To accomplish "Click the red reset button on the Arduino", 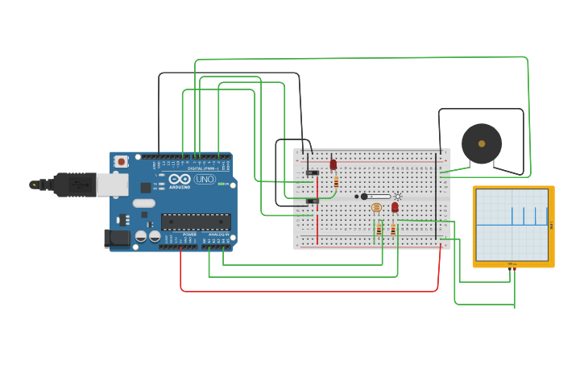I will click(x=121, y=161).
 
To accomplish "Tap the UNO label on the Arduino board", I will click(x=205, y=179).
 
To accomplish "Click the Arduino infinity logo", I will click(x=180, y=179).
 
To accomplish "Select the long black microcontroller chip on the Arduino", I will click(x=196, y=222).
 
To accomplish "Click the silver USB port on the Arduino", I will click(x=112, y=185).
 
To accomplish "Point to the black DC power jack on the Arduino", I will click(x=117, y=238).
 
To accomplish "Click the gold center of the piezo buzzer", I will click(x=482, y=143).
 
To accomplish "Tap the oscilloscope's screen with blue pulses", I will click(x=512, y=225).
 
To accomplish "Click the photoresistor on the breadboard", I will click(x=376, y=208).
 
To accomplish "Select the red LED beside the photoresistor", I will click(x=395, y=207).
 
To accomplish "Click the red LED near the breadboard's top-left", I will click(x=333, y=164).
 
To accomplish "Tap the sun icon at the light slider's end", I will click(x=397, y=197).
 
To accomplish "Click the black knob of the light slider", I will click(x=364, y=197).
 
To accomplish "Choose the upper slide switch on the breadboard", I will click(x=313, y=172).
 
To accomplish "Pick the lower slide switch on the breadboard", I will click(x=313, y=201).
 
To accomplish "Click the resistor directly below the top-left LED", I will click(x=336, y=182).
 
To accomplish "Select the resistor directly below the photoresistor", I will click(x=379, y=230).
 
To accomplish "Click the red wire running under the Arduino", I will click(x=306, y=291).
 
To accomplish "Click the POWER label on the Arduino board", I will click(x=189, y=234).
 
